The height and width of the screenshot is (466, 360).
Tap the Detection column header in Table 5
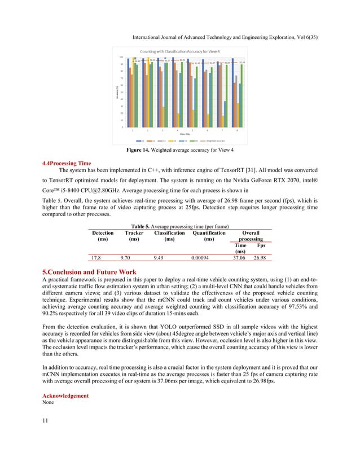[102, 235]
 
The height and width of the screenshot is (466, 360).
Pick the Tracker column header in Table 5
[134, 235]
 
